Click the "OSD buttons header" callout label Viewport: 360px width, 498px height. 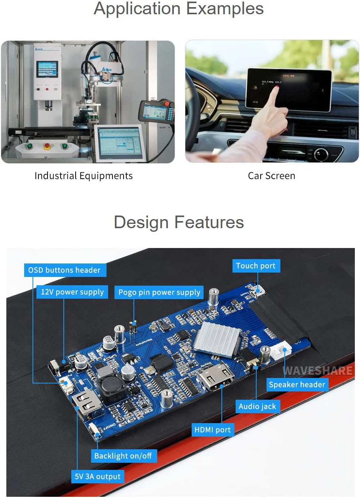65,270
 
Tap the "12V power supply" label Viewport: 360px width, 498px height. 72,292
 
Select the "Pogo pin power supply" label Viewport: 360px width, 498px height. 159,293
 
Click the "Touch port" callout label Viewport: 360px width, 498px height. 255,266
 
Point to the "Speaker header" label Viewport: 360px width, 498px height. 297,384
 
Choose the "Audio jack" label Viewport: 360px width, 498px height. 257,406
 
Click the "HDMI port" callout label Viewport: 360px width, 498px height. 213,429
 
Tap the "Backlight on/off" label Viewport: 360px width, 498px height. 123,456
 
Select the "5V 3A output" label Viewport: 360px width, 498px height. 98,476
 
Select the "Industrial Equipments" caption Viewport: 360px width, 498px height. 84,176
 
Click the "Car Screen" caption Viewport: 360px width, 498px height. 271,176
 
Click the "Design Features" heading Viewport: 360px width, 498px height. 179,222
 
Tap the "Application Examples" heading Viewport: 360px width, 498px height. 179,9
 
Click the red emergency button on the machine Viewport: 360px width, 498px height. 46,146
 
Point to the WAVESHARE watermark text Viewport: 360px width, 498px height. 317,371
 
